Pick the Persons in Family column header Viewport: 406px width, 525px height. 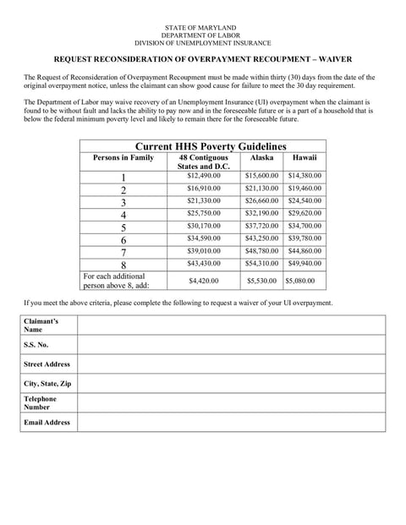pyautogui.click(x=123, y=157)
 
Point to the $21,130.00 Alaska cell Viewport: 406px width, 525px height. pyautogui.click(x=261, y=188)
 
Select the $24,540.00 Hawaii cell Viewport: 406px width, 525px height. pyautogui.click(x=304, y=201)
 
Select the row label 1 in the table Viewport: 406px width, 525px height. pyautogui.click(x=123, y=177)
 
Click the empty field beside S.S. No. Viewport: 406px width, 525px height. pyautogui.click(x=231, y=345)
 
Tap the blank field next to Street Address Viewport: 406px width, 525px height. pyautogui.click(x=231, y=364)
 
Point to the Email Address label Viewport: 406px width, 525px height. pyautogui.click(x=47, y=422)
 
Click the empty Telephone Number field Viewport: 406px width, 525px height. pyautogui.click(x=231, y=402)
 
